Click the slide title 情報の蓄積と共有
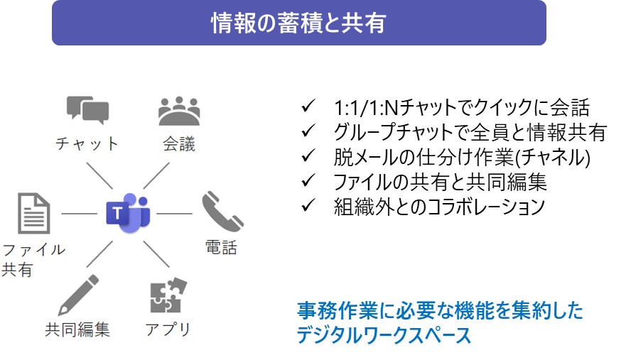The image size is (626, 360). pos(298,23)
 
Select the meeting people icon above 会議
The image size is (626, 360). pos(178,109)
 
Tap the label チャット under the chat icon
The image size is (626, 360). pos(87,144)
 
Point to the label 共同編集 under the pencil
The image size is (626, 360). pos(77,330)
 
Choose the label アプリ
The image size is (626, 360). pos(168,329)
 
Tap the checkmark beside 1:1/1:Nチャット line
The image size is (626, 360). pos(308,107)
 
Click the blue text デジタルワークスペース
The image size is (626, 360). pos(384,334)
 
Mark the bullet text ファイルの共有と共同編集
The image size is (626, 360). pos(441,182)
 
